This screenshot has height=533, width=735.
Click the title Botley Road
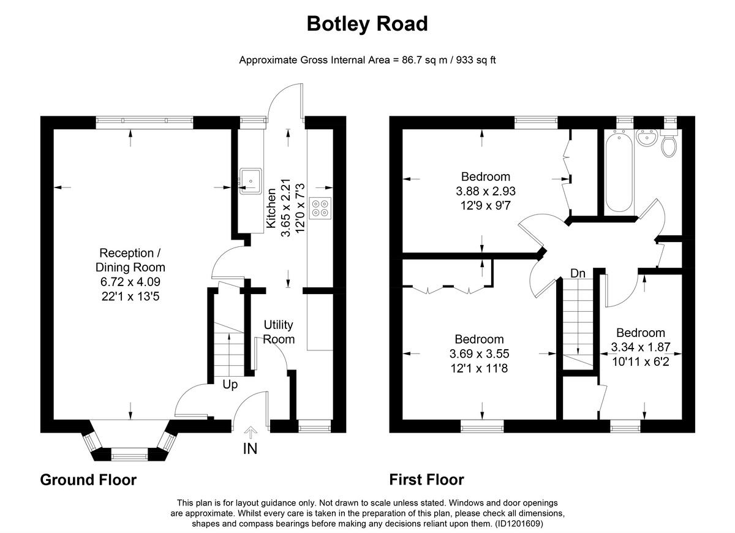coord(367,24)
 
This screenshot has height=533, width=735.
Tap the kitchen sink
coord(251,181)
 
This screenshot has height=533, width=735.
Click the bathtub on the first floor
coord(619,171)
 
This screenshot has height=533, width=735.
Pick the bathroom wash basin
coord(646,137)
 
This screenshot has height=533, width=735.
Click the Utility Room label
coord(279,331)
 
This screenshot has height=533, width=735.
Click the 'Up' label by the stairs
coord(230,385)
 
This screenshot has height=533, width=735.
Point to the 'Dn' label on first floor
coord(578,273)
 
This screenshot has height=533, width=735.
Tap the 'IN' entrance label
coord(250,448)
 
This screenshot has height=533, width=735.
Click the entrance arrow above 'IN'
coord(250,433)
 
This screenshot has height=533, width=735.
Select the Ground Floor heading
coord(88,480)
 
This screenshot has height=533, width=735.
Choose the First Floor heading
coord(427,480)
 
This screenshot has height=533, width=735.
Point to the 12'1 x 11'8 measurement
coord(480,368)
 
